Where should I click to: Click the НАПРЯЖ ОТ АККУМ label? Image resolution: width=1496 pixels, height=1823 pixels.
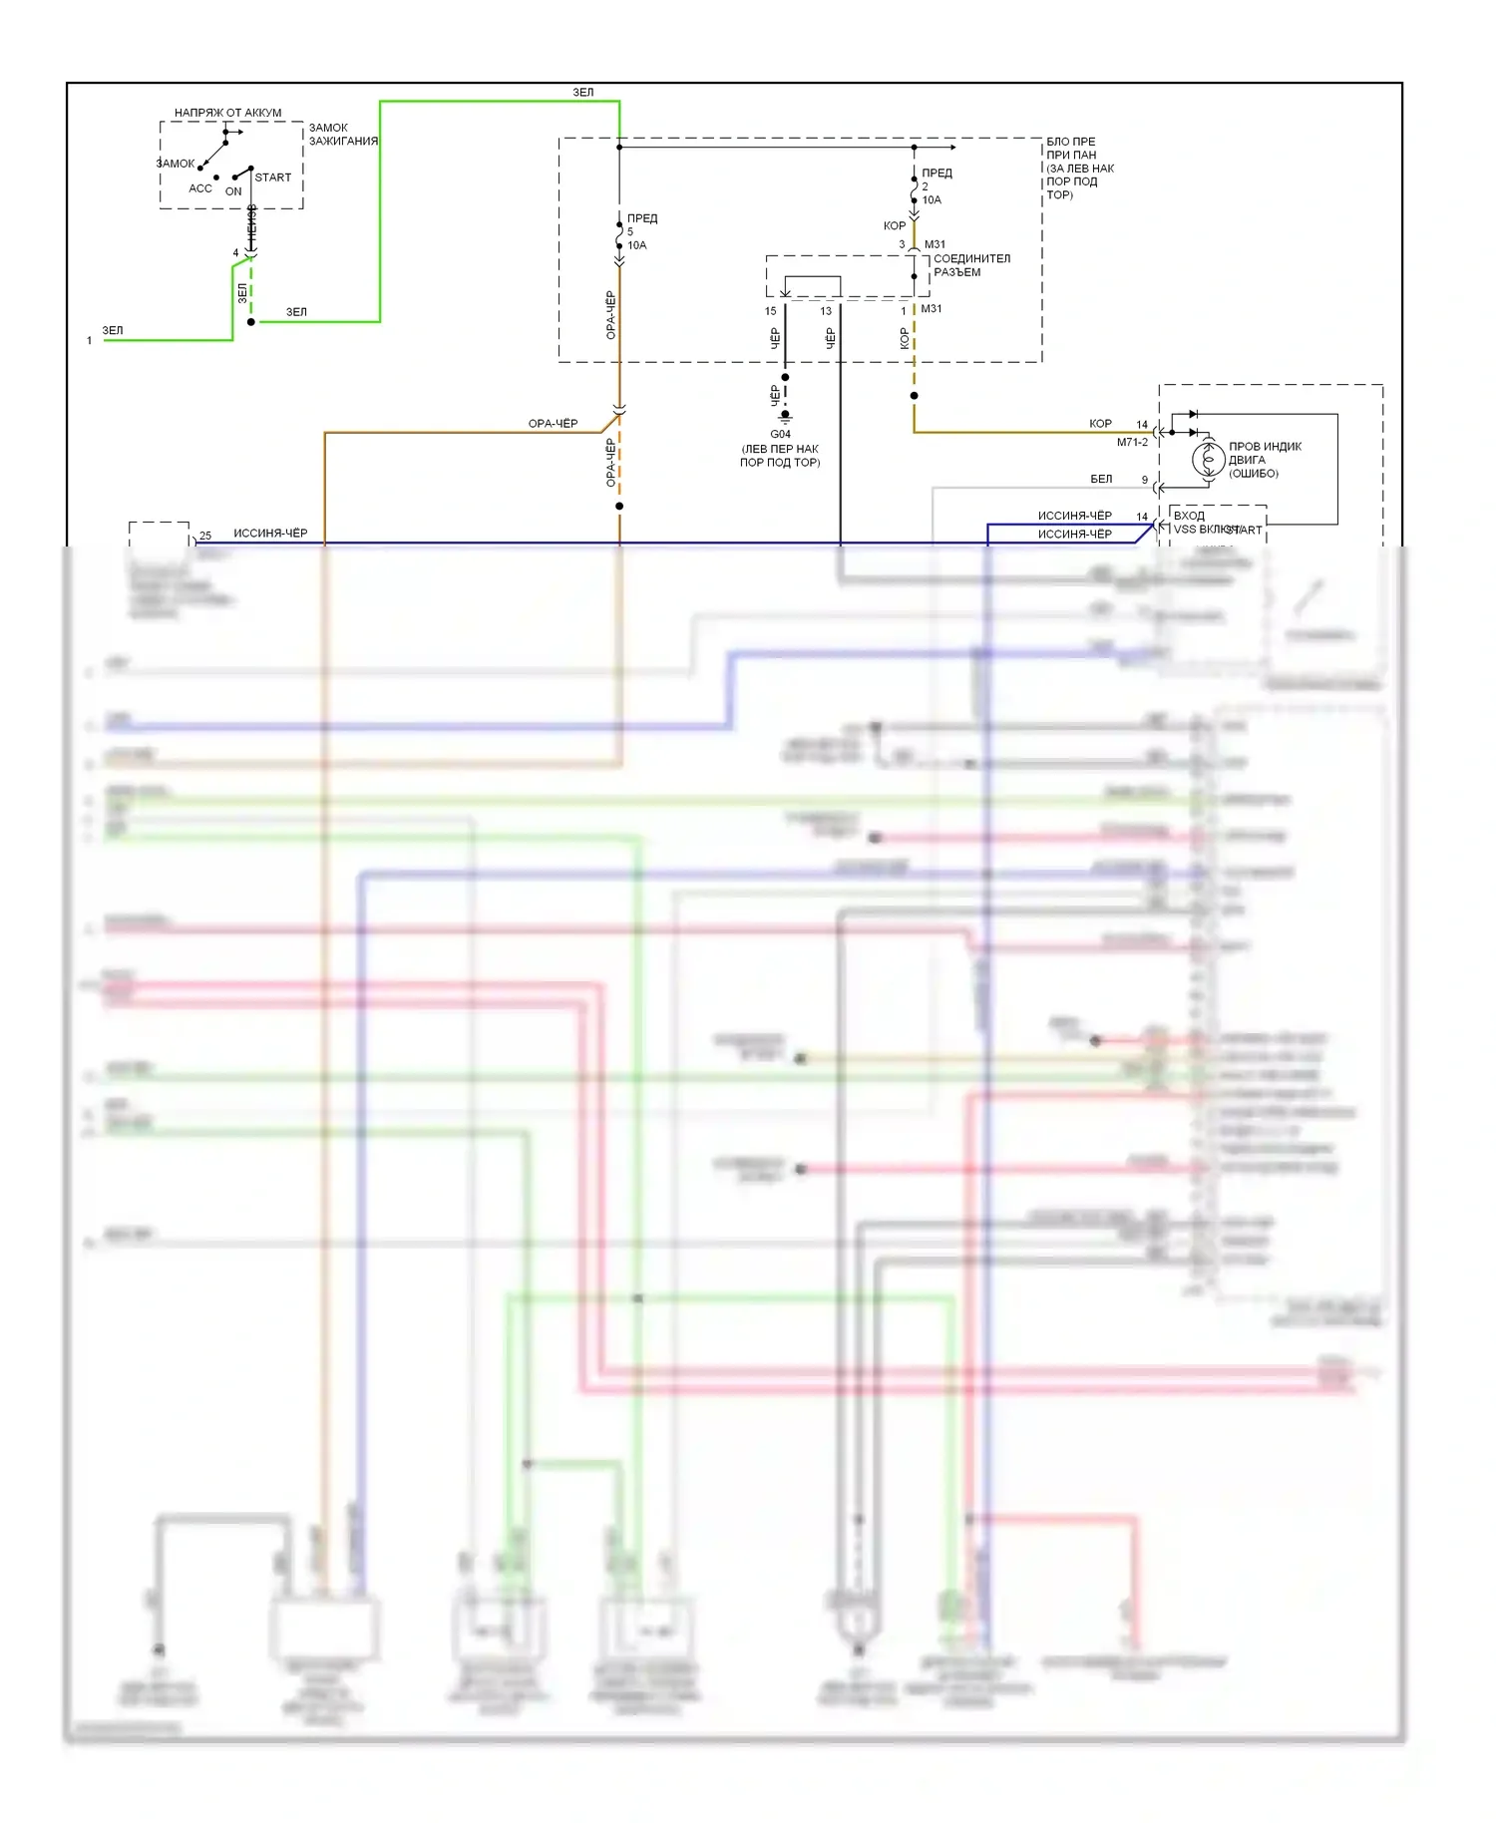(x=227, y=113)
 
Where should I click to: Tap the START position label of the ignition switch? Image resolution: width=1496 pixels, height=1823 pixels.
(x=272, y=178)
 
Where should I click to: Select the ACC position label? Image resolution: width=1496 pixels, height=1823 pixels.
(x=200, y=188)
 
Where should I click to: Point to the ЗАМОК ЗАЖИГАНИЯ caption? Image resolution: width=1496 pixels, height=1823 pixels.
(x=342, y=135)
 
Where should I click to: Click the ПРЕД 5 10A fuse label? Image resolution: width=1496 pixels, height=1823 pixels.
(x=640, y=231)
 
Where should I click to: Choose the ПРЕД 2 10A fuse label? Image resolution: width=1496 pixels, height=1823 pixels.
(x=935, y=186)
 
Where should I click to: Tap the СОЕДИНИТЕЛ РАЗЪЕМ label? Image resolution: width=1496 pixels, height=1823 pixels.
(x=970, y=265)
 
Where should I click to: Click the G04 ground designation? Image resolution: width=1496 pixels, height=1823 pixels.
(x=780, y=434)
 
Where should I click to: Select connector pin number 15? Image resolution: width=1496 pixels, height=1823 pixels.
(x=770, y=311)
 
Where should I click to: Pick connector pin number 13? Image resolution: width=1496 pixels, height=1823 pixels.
(x=826, y=311)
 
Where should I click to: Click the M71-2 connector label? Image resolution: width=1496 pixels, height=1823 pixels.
(x=1132, y=442)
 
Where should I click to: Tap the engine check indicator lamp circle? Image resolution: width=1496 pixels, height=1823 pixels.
(x=1208, y=460)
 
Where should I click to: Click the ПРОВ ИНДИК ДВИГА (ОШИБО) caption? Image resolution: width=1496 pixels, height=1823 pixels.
(x=1264, y=460)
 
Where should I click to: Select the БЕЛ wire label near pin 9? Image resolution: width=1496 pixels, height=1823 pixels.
(x=1101, y=479)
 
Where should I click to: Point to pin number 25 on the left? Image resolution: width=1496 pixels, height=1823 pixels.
(x=205, y=536)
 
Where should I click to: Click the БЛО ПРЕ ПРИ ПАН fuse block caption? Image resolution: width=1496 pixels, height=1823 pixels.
(x=1078, y=168)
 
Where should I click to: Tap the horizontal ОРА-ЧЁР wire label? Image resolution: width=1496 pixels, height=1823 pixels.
(x=553, y=424)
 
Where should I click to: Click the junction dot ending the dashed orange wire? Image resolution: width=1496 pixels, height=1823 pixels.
(x=619, y=506)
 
